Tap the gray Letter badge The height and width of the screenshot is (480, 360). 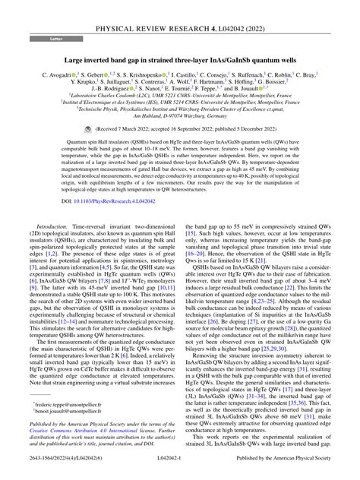36,36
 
